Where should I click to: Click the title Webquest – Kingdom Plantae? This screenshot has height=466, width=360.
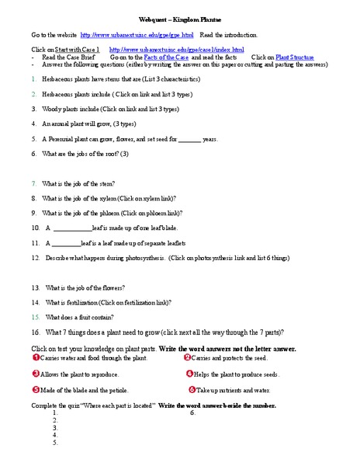click(179, 16)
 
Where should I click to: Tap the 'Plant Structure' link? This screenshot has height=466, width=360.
click(295, 57)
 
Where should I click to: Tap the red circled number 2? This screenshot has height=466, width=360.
click(187, 357)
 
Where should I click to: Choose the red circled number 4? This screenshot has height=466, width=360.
click(189, 374)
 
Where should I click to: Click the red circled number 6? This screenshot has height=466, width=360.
click(192, 390)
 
